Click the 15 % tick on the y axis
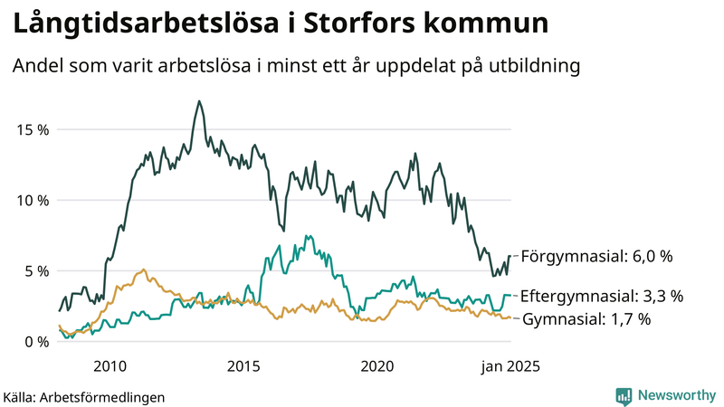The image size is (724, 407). click(x=33, y=129)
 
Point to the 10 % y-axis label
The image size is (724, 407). click(x=33, y=200)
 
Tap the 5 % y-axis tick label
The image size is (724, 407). click(x=36, y=270)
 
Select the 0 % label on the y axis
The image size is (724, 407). click(x=36, y=341)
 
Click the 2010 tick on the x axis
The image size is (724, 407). click(x=110, y=366)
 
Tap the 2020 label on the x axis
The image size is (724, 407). click(x=377, y=366)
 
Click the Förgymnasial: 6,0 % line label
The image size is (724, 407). click(x=597, y=257)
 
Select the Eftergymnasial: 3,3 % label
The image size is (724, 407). click(x=602, y=296)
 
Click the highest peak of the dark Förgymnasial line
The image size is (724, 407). click(x=198, y=101)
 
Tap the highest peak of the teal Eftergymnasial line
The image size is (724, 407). click(x=309, y=236)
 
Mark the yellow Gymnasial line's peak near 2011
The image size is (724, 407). click(x=144, y=270)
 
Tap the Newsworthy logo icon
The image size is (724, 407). click(x=624, y=395)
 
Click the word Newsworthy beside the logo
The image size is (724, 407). click(x=675, y=395)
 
